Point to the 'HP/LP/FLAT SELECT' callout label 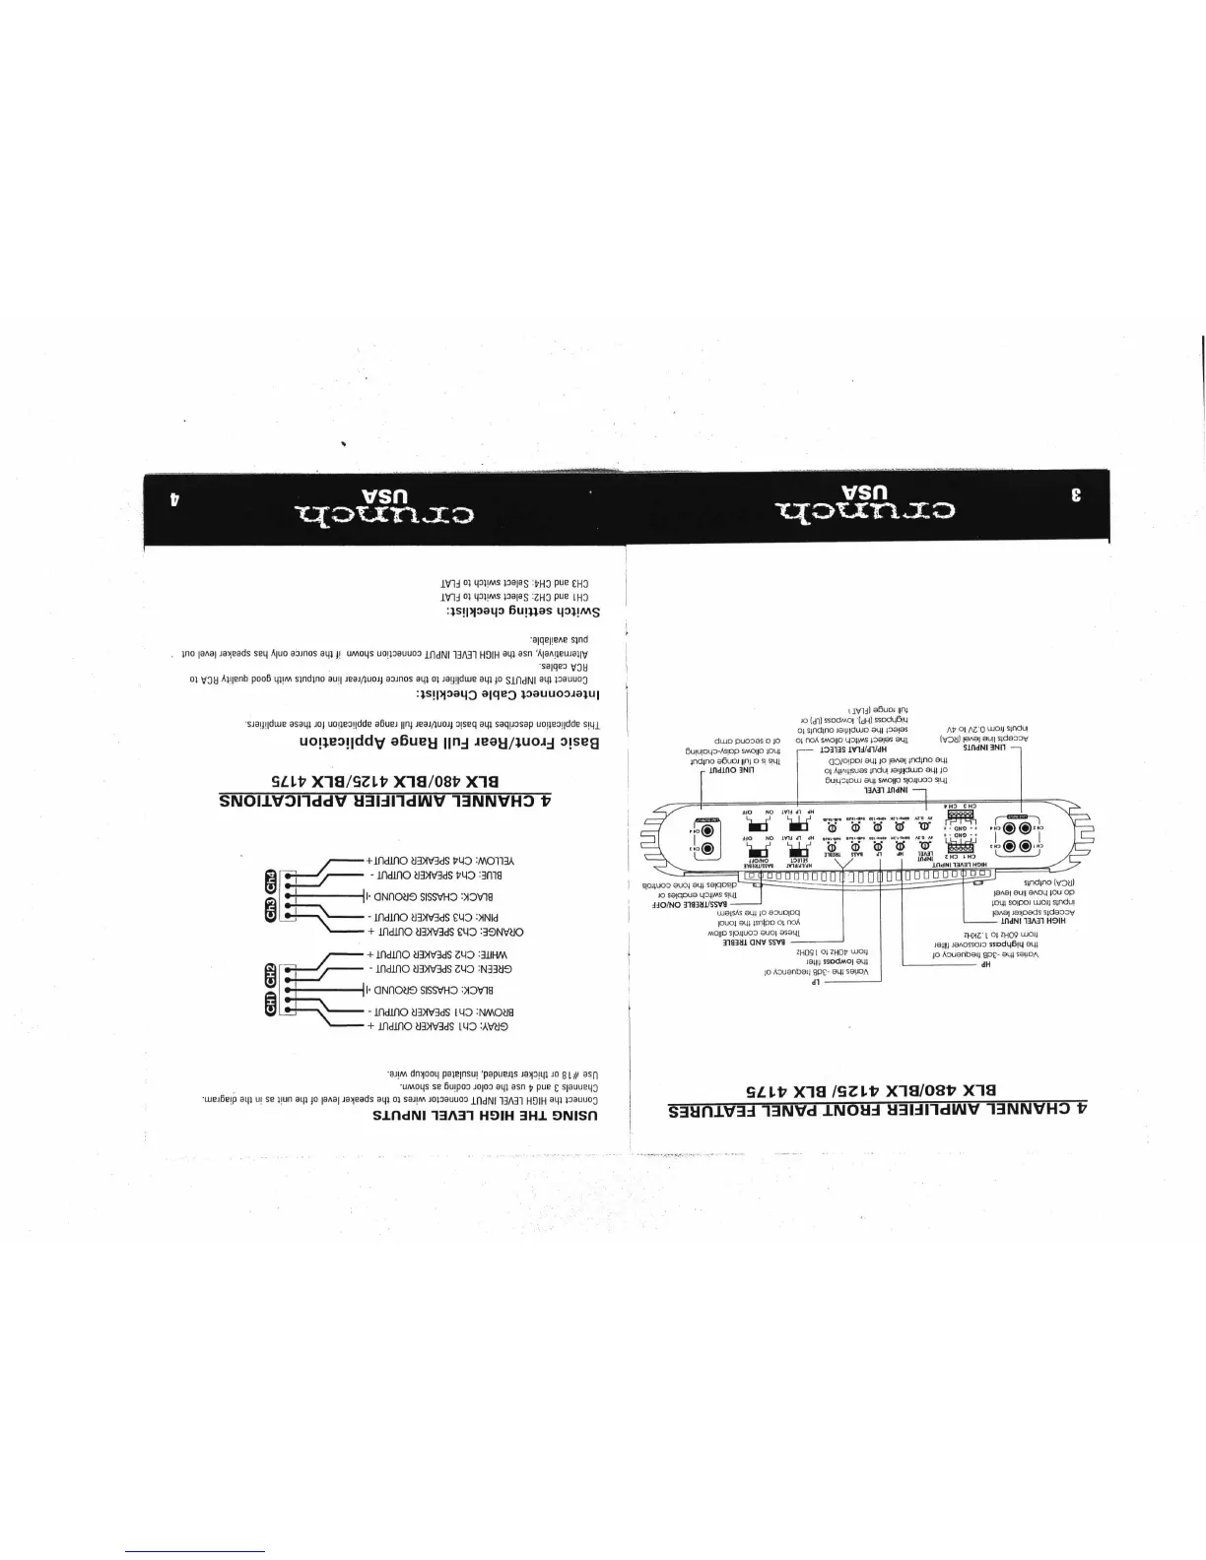(x=820, y=749)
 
